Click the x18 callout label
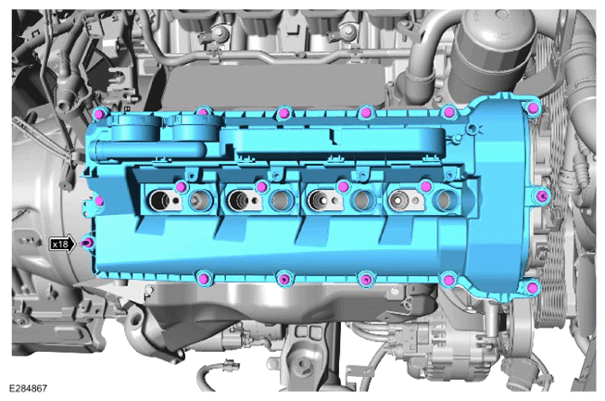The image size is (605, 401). [x=60, y=244]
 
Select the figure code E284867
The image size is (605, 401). [x=28, y=388]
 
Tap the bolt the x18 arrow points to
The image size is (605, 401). [x=88, y=244]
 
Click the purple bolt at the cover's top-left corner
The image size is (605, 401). [x=99, y=114]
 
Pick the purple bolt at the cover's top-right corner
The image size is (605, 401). [x=533, y=108]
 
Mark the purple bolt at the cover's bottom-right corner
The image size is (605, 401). [x=533, y=287]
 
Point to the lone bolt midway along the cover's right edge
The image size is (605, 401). [x=542, y=195]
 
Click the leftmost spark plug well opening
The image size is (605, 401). [x=158, y=200]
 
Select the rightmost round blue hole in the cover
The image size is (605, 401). [x=445, y=200]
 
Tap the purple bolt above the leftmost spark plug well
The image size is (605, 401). [x=181, y=187]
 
